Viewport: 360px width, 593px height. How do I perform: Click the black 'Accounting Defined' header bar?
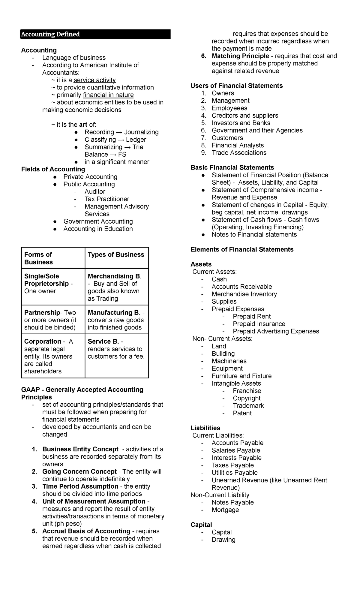click(x=95, y=34)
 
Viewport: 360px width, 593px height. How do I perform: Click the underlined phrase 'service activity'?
click(x=94, y=80)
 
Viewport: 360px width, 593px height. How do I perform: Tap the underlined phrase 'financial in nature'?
click(x=108, y=95)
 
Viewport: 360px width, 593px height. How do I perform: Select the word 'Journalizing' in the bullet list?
click(x=141, y=132)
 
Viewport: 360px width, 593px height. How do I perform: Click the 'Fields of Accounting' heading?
click(x=53, y=169)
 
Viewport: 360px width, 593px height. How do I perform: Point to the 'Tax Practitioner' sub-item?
click(x=107, y=199)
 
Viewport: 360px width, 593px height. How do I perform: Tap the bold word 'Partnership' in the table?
click(x=42, y=312)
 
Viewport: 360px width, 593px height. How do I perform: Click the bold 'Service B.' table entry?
click(x=103, y=342)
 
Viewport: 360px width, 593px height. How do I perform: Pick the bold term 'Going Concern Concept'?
click(x=79, y=471)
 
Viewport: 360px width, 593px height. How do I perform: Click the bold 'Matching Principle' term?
click(x=240, y=56)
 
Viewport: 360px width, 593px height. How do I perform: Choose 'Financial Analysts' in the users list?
click(x=238, y=145)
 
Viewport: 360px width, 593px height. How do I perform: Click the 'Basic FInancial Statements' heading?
click(x=232, y=167)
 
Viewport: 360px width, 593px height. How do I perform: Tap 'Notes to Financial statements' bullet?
click(x=254, y=234)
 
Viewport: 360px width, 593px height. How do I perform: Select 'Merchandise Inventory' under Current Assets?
click(x=244, y=294)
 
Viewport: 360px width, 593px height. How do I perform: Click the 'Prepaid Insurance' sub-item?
click(x=259, y=324)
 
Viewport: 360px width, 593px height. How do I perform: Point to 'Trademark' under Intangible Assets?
click(x=248, y=405)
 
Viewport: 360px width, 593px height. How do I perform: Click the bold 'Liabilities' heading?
click(x=205, y=428)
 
